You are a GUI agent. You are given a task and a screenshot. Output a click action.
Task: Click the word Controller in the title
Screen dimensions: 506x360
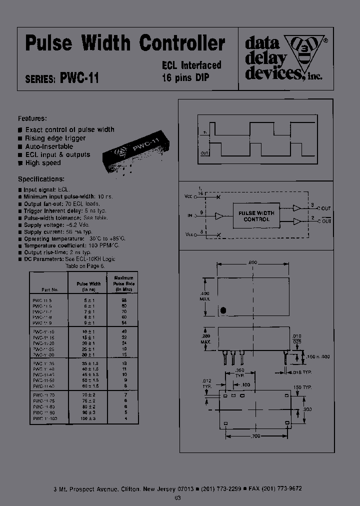pos(181,44)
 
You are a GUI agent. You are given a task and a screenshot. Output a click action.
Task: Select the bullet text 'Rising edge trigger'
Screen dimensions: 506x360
pos(55,138)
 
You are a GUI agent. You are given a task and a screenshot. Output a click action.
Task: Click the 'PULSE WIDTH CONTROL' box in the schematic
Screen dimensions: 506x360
pos(256,216)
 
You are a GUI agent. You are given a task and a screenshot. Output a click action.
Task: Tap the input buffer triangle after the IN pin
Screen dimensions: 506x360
pos(219,216)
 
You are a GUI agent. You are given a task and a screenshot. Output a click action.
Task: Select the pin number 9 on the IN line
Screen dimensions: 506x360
pos(200,212)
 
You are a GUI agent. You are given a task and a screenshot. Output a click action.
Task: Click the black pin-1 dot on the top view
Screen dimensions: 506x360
pos(223,310)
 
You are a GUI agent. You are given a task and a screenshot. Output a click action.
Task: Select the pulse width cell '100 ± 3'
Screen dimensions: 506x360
pos(88,418)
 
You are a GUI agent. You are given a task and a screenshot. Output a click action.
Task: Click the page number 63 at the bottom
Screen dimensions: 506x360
pos(178,498)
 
